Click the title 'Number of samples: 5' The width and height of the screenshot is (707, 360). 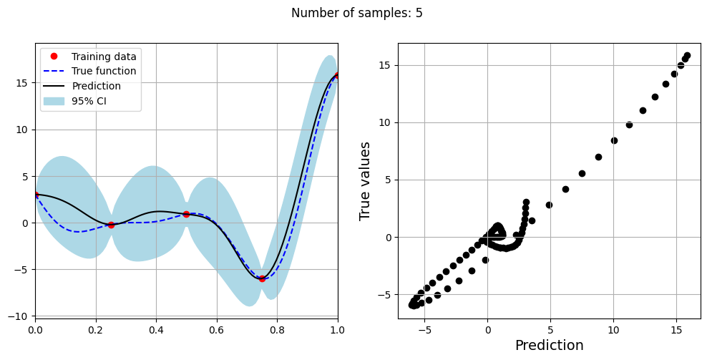(x=352, y=13)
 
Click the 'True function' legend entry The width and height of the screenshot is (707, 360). (x=104, y=72)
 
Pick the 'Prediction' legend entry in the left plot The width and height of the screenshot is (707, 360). (x=96, y=87)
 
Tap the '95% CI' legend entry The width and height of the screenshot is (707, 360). (x=89, y=101)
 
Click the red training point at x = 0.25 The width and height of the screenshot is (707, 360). (x=111, y=225)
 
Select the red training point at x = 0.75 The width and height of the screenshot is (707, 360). (x=262, y=278)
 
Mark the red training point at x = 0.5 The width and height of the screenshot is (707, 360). (x=186, y=214)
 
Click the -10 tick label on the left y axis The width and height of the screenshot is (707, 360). (x=20, y=316)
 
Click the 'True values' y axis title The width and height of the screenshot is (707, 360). (x=365, y=180)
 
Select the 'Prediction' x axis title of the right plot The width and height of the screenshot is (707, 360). (x=549, y=346)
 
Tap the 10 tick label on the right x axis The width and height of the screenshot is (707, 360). (x=613, y=331)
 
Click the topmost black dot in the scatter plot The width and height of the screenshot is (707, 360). (x=687, y=55)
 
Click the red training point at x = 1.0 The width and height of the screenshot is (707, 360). (x=337, y=76)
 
